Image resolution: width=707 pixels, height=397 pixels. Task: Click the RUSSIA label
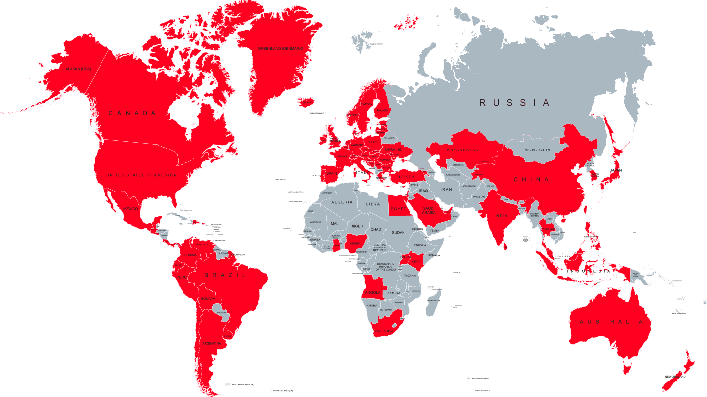[514, 103]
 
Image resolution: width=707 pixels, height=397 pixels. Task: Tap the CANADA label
[132, 113]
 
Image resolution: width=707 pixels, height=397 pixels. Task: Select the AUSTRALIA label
[612, 322]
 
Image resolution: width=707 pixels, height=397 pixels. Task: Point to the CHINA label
[531, 179]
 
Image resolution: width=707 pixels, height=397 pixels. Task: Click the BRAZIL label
[225, 275]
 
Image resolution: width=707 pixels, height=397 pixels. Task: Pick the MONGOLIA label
[537, 150]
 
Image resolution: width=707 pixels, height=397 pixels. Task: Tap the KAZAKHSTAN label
[462, 150]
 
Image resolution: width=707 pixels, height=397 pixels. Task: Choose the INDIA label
[501, 216]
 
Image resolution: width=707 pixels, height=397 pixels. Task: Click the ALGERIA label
[342, 202]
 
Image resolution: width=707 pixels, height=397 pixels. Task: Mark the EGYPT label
[399, 209]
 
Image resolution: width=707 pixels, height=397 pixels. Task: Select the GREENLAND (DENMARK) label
[280, 49]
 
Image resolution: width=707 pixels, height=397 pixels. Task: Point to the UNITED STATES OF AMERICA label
[141, 175]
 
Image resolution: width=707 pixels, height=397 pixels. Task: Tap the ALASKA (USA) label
[78, 69]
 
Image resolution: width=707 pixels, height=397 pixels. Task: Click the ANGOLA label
[372, 292]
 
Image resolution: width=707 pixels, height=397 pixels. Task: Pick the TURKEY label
[405, 177]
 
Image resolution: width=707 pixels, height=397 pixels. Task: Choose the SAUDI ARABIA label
[429, 210]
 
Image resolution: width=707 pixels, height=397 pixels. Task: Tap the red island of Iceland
[306, 102]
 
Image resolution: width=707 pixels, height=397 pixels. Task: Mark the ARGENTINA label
[211, 343]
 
